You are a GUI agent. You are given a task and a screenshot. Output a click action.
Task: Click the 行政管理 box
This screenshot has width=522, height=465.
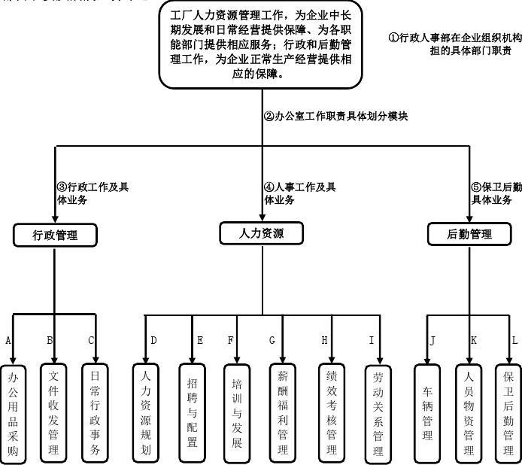tap(55, 236)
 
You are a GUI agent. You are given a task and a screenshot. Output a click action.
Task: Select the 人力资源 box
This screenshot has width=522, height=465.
tap(262, 233)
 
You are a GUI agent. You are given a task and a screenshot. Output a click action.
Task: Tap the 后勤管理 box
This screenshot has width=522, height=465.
tap(470, 234)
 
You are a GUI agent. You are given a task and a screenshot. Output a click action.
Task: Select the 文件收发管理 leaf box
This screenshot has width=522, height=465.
tap(53, 413)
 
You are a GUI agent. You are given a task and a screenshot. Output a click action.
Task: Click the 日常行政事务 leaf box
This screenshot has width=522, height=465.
tap(95, 413)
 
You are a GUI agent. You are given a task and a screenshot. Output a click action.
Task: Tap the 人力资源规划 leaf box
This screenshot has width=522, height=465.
tap(146, 412)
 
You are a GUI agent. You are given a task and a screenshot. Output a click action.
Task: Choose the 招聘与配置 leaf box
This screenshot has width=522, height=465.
tap(192, 413)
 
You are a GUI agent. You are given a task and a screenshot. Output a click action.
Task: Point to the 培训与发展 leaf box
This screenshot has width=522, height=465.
tap(237, 413)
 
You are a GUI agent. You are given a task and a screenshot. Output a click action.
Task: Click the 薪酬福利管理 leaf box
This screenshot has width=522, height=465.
tap(283, 413)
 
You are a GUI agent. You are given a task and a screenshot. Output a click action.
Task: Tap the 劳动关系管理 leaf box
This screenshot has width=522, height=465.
tap(378, 413)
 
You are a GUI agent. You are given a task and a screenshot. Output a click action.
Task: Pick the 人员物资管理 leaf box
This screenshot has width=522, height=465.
tap(469, 413)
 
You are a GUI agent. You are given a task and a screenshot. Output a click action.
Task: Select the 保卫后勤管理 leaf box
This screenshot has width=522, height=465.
tap(508, 413)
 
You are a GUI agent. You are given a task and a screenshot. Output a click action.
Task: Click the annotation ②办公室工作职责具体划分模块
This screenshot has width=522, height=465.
tap(335, 117)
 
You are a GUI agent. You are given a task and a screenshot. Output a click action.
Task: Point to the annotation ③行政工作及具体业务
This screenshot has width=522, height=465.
tap(92, 193)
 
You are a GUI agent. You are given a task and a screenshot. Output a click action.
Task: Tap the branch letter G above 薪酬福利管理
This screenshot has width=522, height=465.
tap(272, 340)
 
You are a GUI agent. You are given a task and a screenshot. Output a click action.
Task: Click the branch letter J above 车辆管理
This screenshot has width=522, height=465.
tap(432, 340)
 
